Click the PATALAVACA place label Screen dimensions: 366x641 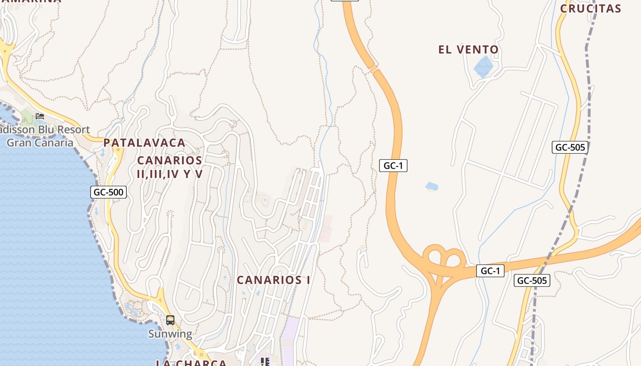click(x=144, y=143)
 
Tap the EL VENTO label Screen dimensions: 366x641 click(x=468, y=49)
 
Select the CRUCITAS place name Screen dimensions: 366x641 click(x=591, y=8)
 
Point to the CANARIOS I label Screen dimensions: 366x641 click(x=273, y=280)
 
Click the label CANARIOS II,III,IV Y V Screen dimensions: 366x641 click(x=169, y=167)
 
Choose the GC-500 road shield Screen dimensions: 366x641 click(x=109, y=192)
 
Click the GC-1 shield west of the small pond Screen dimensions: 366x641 click(x=393, y=166)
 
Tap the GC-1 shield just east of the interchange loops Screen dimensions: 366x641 click(x=490, y=271)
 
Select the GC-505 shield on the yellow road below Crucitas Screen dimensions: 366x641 click(x=570, y=147)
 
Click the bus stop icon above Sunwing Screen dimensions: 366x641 click(x=170, y=320)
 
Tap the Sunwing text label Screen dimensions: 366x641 click(x=170, y=334)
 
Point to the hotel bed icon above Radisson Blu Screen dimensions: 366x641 click(x=40, y=116)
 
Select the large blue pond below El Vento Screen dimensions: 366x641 click(x=483, y=67)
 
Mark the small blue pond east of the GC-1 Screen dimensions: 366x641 click(x=432, y=186)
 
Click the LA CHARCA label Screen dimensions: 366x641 click(x=191, y=363)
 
